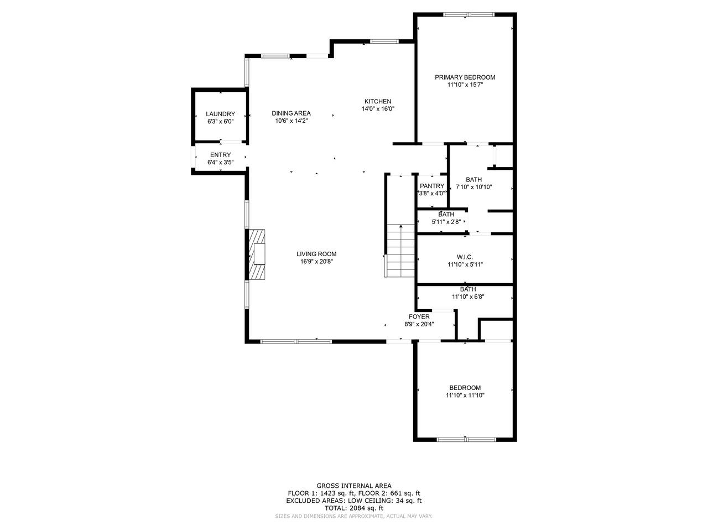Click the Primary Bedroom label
[465, 77]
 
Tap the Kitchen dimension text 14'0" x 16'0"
[378, 109]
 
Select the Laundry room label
[220, 114]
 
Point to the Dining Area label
[291, 113]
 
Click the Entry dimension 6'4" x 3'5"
[220, 163]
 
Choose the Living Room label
[316, 254]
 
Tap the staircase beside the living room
[400, 251]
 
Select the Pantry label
[432, 186]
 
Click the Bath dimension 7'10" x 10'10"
[473, 187]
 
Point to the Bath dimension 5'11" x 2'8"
[446, 222]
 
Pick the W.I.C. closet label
[465, 257]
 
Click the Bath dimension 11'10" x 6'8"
[468, 296]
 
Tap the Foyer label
[419, 317]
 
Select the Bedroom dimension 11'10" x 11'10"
[465, 395]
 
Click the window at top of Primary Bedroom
[468, 14]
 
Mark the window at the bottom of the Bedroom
[466, 439]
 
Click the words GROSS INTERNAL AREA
[354, 486]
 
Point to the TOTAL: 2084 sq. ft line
[354, 508]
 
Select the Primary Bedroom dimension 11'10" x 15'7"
[465, 85]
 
